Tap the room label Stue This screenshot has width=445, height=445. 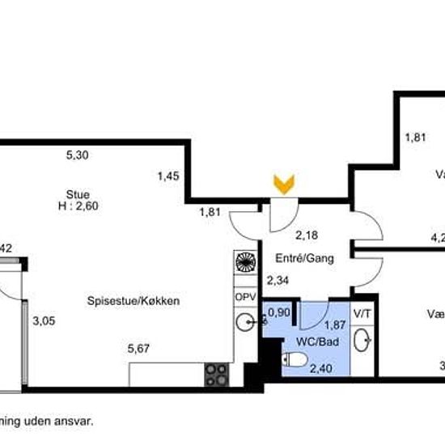pyautogui.click(x=78, y=194)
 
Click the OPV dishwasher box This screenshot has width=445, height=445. pyautogui.click(x=245, y=297)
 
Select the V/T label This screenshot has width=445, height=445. pyautogui.click(x=363, y=312)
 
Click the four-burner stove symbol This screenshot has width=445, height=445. pyautogui.click(x=216, y=374)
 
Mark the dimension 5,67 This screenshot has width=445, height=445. pyautogui.click(x=141, y=350)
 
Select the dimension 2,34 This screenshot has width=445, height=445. pyautogui.click(x=277, y=281)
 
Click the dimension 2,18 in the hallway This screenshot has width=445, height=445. pyautogui.click(x=305, y=236)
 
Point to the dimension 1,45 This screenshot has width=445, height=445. pyautogui.click(x=168, y=175)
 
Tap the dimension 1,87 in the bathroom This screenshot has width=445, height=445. pyautogui.click(x=335, y=325)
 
